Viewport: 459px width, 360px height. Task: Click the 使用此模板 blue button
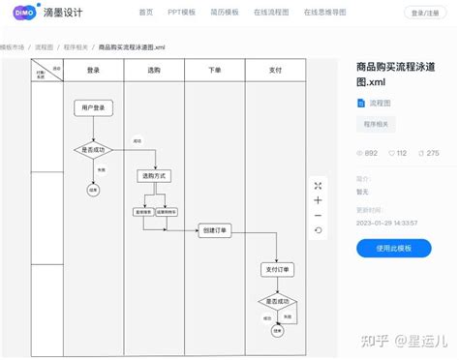pos(391,249)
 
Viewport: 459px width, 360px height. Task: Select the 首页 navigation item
pos(145,14)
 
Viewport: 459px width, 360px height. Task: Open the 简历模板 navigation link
pos(225,14)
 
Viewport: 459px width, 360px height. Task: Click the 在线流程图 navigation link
pos(272,14)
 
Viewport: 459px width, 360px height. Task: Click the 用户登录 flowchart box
pos(94,107)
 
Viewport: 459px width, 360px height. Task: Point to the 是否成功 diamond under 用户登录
pos(94,150)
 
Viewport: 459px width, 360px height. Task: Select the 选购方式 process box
pos(154,176)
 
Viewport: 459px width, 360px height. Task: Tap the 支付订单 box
pos(278,269)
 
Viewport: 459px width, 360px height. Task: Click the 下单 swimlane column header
pos(215,71)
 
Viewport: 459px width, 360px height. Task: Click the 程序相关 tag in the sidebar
pos(376,125)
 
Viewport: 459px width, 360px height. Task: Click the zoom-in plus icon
pos(318,200)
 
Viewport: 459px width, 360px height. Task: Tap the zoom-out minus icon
pos(318,215)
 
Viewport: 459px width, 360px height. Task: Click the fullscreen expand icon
pos(318,185)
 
